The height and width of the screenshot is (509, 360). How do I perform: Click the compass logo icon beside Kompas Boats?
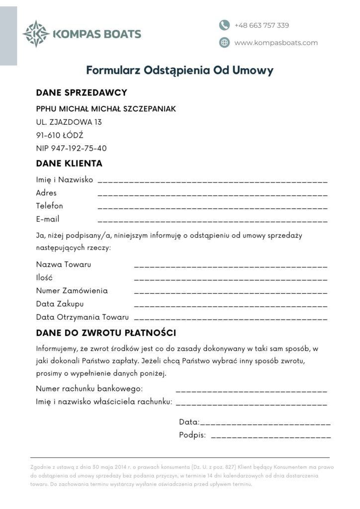(36, 34)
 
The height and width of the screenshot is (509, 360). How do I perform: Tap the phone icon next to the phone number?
(224, 25)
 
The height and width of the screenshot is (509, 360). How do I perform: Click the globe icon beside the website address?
(224, 43)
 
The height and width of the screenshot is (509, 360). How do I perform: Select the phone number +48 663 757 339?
(262, 25)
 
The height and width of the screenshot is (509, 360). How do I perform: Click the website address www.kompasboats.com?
(276, 43)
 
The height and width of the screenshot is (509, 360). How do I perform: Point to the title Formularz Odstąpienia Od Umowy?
(180, 70)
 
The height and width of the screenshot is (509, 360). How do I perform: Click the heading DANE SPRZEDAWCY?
(82, 92)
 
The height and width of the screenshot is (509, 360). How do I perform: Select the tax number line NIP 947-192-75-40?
(72, 148)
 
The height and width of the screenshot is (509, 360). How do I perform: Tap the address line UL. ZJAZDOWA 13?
(69, 122)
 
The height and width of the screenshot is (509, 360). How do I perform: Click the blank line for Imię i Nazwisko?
(213, 181)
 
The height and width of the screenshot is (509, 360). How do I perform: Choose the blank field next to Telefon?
(213, 207)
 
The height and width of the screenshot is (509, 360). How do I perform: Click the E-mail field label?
(48, 219)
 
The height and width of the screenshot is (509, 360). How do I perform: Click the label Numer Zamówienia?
(72, 290)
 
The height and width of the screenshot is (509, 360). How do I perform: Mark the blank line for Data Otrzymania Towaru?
(231, 318)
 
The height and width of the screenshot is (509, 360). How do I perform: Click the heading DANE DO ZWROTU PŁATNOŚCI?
(106, 333)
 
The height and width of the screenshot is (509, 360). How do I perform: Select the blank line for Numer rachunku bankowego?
(252, 391)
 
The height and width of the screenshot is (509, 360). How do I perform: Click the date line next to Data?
(265, 424)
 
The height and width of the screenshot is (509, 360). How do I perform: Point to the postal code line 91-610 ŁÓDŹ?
(60, 135)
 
